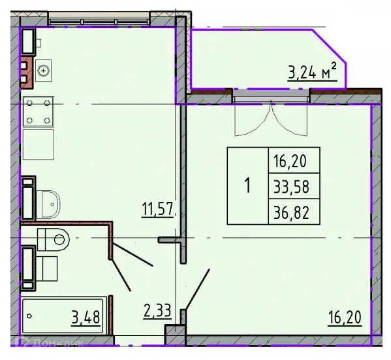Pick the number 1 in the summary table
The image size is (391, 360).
(x=247, y=186)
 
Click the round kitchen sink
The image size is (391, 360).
(x=44, y=70)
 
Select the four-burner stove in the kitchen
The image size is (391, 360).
(x=38, y=111)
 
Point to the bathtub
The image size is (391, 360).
(x=63, y=317)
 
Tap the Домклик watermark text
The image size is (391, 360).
(x=42, y=353)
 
